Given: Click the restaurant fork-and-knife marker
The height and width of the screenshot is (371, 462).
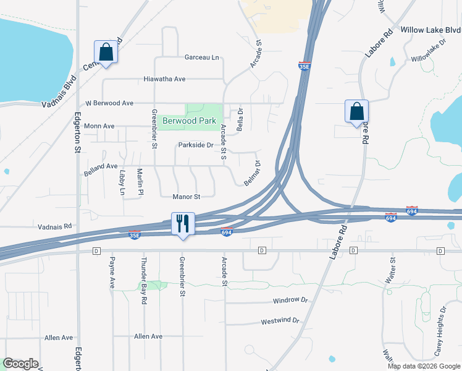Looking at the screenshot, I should tap(183, 223).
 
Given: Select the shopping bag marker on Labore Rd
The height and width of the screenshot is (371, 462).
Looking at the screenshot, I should tap(356, 112).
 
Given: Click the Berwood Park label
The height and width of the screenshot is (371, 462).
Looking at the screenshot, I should tap(189, 121).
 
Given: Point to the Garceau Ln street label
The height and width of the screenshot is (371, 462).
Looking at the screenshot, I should tap(202, 58).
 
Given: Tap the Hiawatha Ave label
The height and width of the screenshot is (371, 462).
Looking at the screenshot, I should tap(164, 79).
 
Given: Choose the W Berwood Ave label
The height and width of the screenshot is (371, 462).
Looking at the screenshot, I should tap(109, 103).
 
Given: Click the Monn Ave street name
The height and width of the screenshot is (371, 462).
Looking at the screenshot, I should tap(100, 126).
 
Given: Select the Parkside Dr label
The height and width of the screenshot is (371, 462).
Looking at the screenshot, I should tap(195, 145).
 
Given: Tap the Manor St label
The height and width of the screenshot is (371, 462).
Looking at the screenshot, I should tap(187, 197).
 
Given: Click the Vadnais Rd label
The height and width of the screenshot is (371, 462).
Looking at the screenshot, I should tap(55, 227).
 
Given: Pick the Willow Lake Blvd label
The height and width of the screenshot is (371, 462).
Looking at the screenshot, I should tap(430, 30).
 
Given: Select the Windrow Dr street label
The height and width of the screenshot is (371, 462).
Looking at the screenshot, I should tap(290, 300).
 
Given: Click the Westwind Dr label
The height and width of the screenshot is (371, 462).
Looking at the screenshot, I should tap(280, 322).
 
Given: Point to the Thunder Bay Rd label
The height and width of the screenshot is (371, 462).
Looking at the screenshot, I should tap(144, 280).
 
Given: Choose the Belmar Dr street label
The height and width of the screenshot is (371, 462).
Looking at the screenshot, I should tap(253, 174).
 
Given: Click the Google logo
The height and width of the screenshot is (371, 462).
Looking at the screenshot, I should tap(20, 364).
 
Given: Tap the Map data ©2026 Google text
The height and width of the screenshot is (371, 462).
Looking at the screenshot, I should tap(424, 365).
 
